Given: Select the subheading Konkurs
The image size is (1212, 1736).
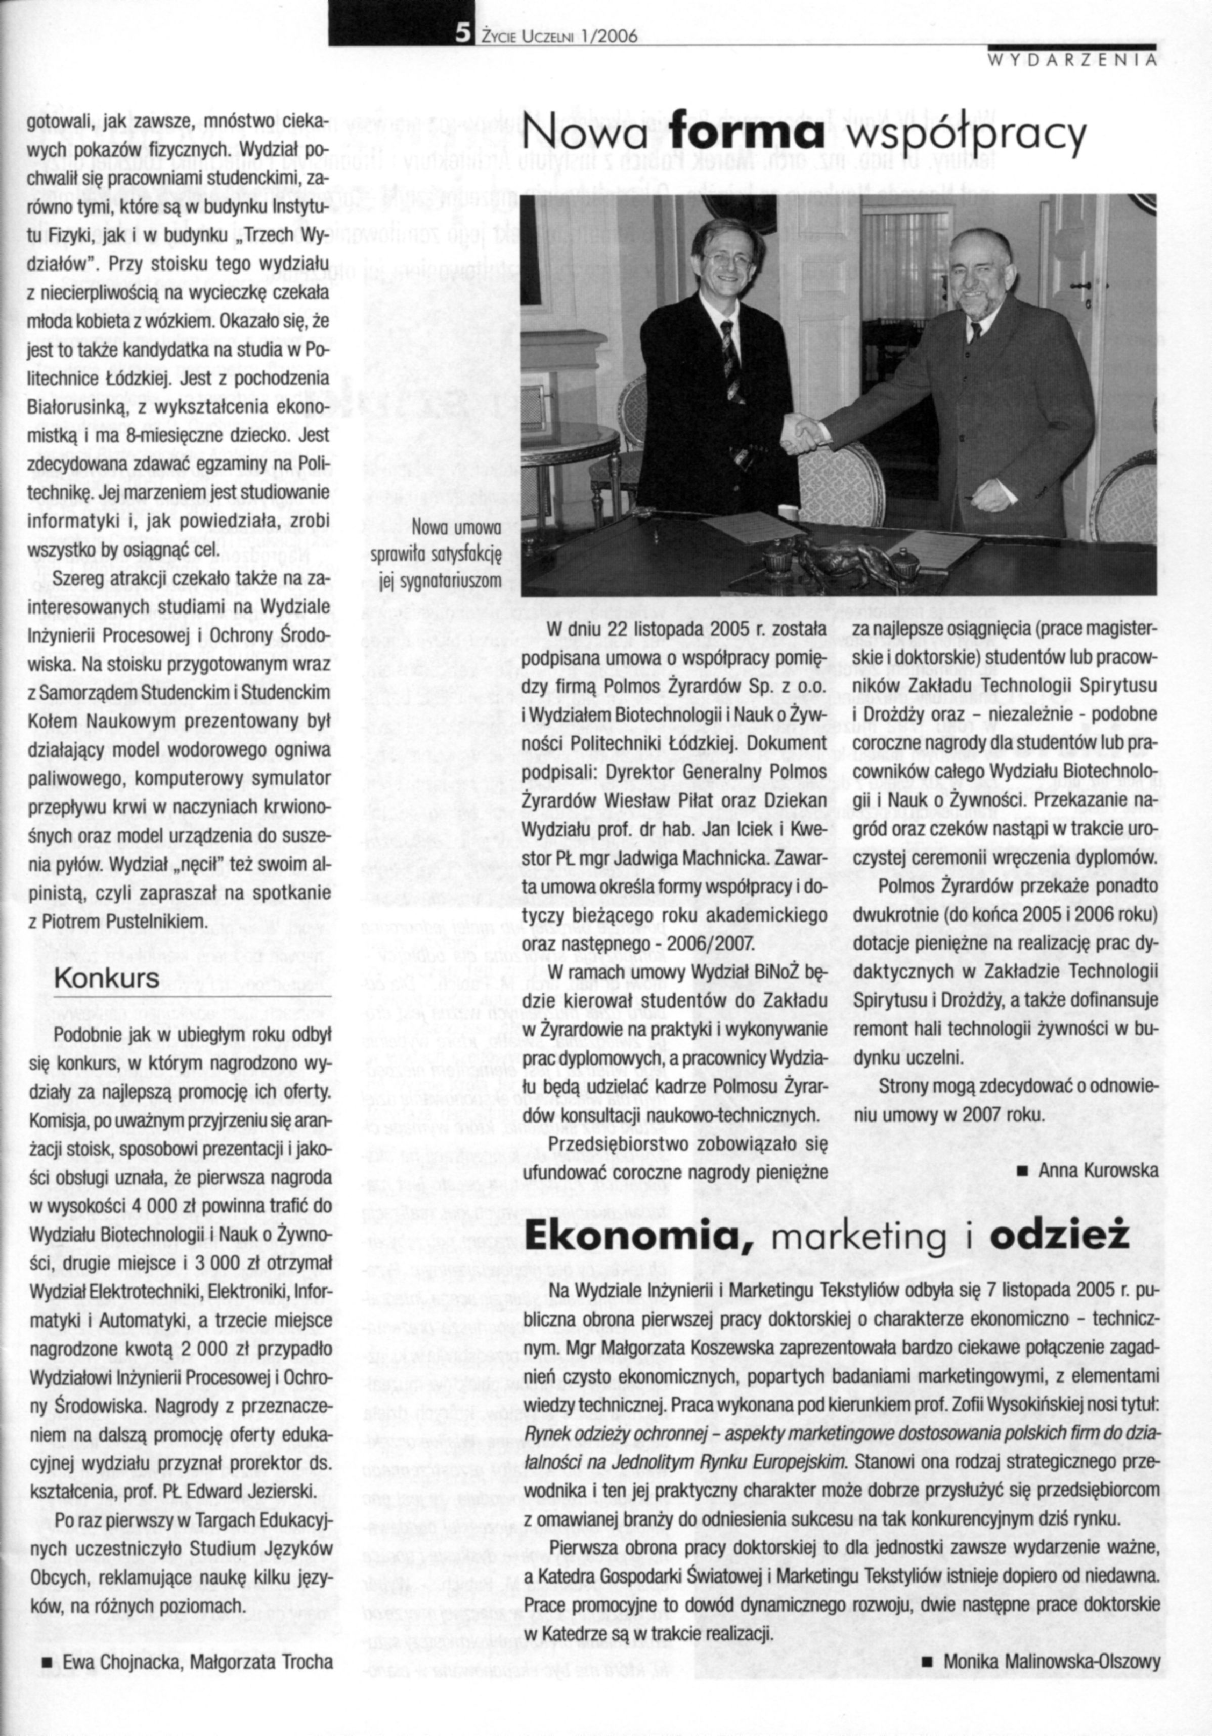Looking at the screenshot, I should coord(107,979).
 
